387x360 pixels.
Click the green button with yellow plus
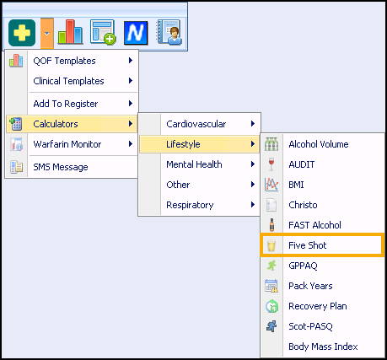coord(22,33)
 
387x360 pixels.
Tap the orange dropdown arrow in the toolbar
coord(47,34)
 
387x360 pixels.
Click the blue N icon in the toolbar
coord(136,33)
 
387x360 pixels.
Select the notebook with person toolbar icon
coord(169,32)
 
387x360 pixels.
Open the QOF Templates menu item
coord(64,61)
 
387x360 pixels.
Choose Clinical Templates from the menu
coord(68,81)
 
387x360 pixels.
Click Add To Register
coord(66,104)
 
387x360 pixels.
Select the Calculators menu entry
coord(56,124)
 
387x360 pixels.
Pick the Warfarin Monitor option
coord(67,144)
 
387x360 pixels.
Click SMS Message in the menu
coord(61,167)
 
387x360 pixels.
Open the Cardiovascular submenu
coord(196,124)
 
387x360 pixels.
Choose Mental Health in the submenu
coord(194,164)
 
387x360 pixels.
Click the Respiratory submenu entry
coord(190,205)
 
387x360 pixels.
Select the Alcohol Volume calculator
coord(319,144)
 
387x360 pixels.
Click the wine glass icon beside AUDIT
coord(271,164)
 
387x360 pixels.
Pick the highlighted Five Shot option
coord(308,245)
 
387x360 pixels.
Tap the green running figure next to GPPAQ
coord(271,266)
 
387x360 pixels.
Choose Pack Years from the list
coord(310,286)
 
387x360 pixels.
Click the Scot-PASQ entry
coord(310,326)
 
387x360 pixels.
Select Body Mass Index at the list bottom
coord(323,347)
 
